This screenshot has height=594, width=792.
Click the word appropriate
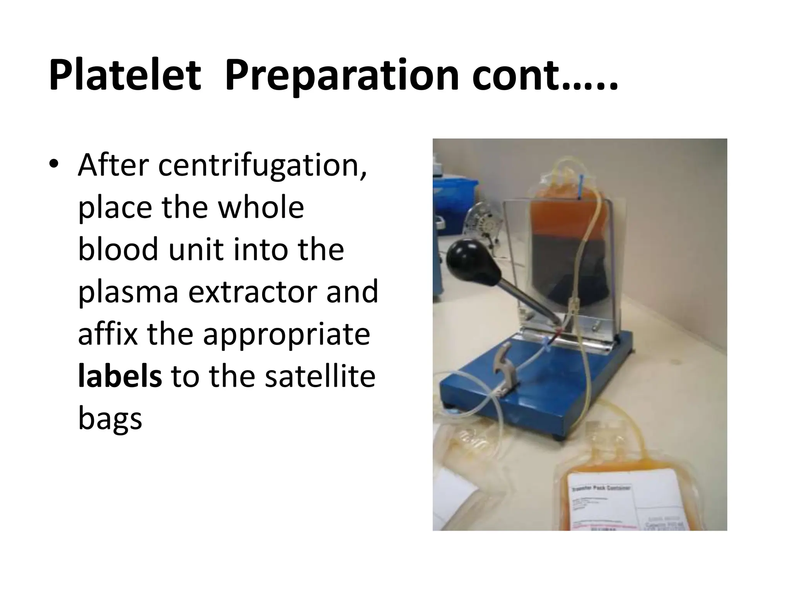[x=286, y=333]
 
